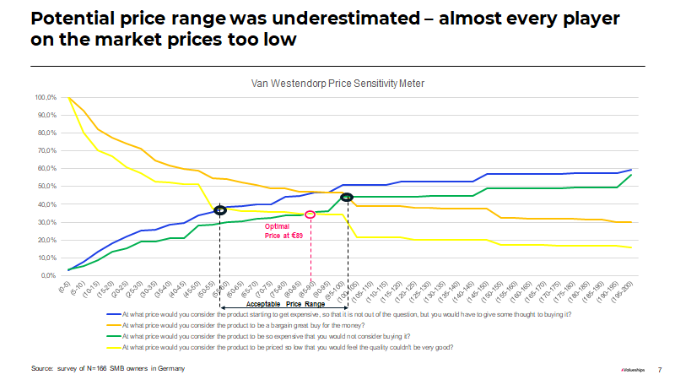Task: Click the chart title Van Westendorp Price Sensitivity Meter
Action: [x=337, y=84]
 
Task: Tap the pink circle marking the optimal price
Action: [x=310, y=214]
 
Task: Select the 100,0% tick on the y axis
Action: [x=46, y=97]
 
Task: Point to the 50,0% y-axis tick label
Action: [x=46, y=187]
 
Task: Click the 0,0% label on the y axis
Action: [x=48, y=276]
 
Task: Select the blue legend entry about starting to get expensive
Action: [x=346, y=314]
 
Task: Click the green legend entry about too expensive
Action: [x=287, y=335]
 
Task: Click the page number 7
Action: [x=659, y=369]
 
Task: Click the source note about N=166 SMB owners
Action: [x=108, y=369]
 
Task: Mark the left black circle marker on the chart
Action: [x=220, y=209]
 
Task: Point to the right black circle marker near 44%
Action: [x=346, y=197]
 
